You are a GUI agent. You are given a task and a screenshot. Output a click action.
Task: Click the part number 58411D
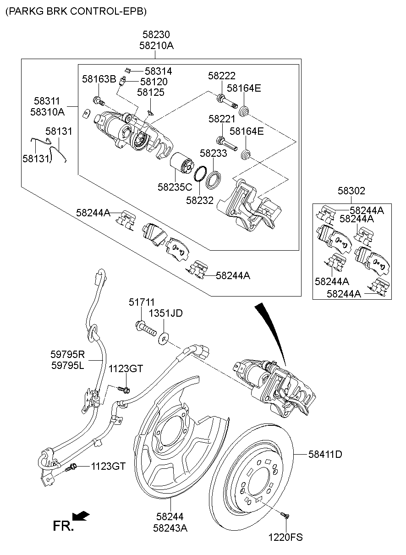[325, 455]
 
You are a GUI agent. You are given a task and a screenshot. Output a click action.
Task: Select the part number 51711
[142, 302]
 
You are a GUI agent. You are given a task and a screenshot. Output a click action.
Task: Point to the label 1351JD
[165, 313]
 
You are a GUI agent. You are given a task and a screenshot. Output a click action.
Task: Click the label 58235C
[175, 187]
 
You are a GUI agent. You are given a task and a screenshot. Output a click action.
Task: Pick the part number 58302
[351, 191]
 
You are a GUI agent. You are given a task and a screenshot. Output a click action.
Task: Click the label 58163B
[99, 79]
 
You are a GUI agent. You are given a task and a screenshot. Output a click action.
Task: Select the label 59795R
[68, 354]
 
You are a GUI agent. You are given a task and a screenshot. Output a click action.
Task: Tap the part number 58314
[158, 71]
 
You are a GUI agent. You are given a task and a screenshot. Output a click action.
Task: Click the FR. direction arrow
[81, 517]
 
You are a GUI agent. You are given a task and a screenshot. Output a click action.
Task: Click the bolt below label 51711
[146, 328]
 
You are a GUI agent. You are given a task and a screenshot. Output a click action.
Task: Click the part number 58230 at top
[156, 35]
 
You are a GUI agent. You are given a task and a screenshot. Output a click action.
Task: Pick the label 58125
[151, 93]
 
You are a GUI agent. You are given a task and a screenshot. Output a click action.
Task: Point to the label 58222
[221, 76]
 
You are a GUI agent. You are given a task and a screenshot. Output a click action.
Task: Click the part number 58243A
[170, 528]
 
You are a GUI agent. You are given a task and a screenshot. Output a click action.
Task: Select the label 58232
[200, 200]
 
